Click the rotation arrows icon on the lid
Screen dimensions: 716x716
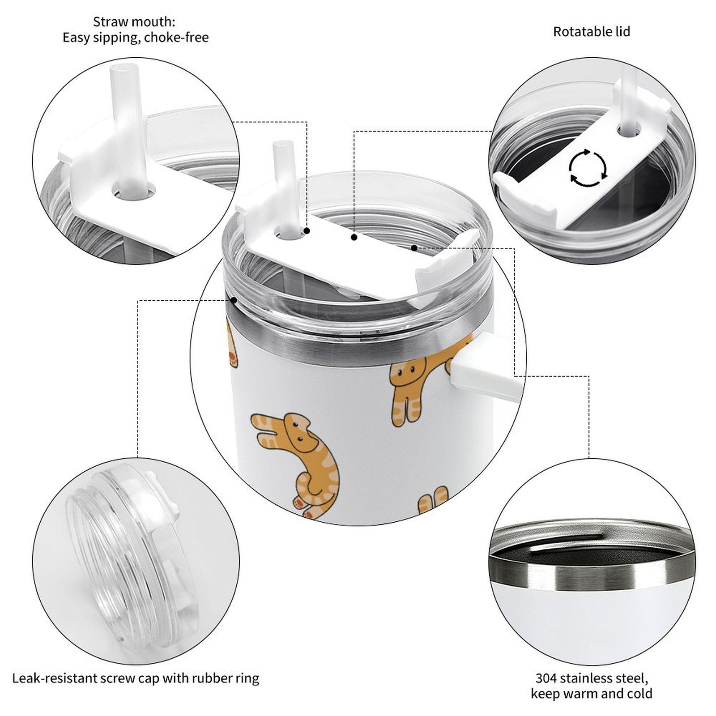coord(588,168)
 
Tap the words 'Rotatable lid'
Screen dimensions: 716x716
coord(592,32)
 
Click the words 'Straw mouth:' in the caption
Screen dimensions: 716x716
coord(134,21)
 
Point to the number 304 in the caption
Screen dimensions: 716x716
coord(546,678)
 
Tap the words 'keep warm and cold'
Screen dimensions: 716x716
coord(592,694)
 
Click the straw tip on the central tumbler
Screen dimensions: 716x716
coord(281,146)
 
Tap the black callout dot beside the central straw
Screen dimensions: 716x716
coord(307,231)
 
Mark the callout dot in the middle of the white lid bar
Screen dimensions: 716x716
coord(354,237)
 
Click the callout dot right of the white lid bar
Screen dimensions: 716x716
coord(414,247)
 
